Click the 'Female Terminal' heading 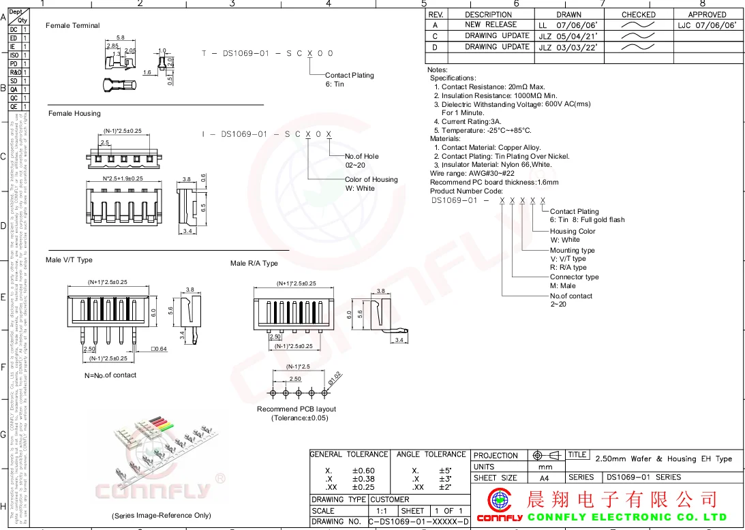(x=72, y=26)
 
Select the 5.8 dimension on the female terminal (x=121, y=37)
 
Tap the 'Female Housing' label (x=74, y=114)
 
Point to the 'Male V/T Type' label (x=69, y=260)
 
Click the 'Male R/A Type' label (x=254, y=264)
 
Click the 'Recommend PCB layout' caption (x=297, y=409)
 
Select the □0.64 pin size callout (x=159, y=349)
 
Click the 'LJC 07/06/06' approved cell (x=707, y=25)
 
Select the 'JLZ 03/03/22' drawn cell (x=568, y=47)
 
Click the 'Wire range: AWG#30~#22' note (x=472, y=174)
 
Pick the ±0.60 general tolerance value (x=363, y=471)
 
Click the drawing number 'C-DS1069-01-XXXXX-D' (x=419, y=522)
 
